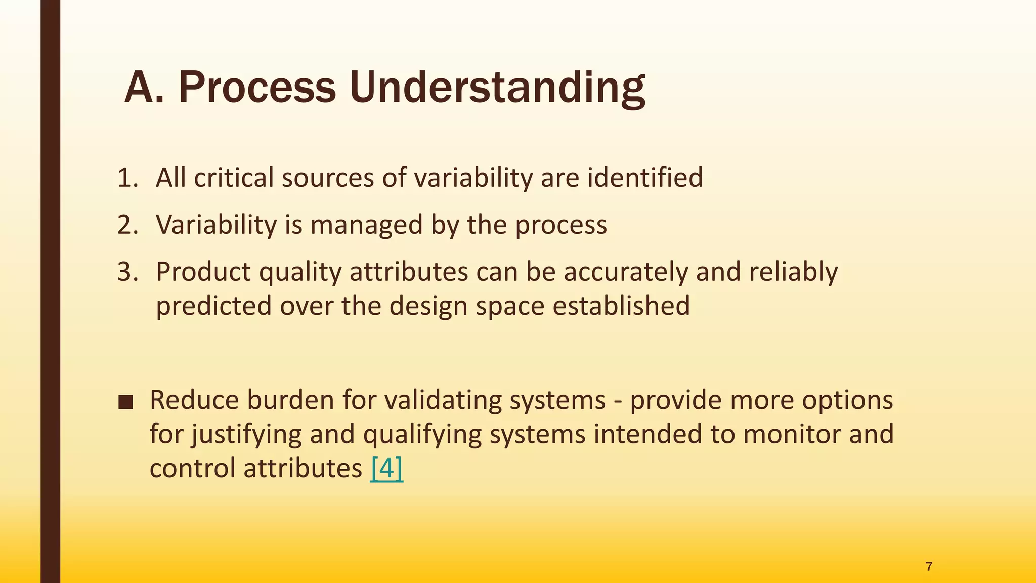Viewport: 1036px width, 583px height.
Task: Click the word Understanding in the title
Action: [x=497, y=89]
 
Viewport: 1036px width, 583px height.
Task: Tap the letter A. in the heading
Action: [x=144, y=89]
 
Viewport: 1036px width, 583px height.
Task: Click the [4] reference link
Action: [x=386, y=468]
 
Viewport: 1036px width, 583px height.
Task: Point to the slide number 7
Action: [x=929, y=567]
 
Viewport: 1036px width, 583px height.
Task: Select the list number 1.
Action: [x=127, y=178]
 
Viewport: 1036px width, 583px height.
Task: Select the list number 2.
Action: [x=127, y=225]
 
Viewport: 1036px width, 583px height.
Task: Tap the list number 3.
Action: [x=127, y=272]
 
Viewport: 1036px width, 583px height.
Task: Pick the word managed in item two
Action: [x=366, y=225]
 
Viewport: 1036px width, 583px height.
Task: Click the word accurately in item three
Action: [x=626, y=272]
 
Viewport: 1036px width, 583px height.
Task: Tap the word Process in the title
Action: [x=257, y=89]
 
